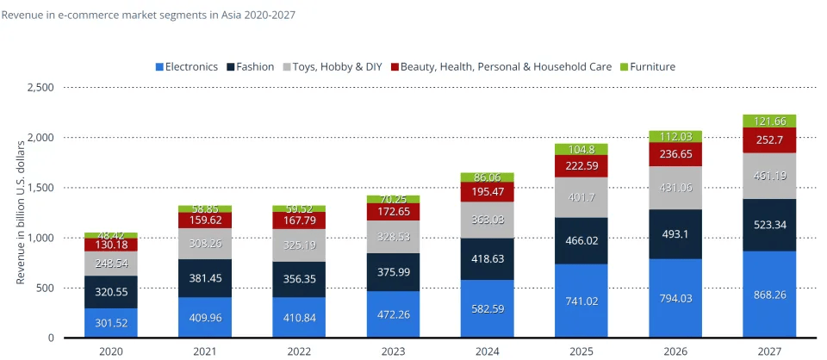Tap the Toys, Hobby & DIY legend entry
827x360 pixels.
click(x=336, y=66)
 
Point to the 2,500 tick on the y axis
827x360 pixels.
click(x=40, y=88)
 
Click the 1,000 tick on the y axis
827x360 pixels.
click(x=40, y=238)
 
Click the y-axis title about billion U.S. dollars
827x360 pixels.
click(x=22, y=212)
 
